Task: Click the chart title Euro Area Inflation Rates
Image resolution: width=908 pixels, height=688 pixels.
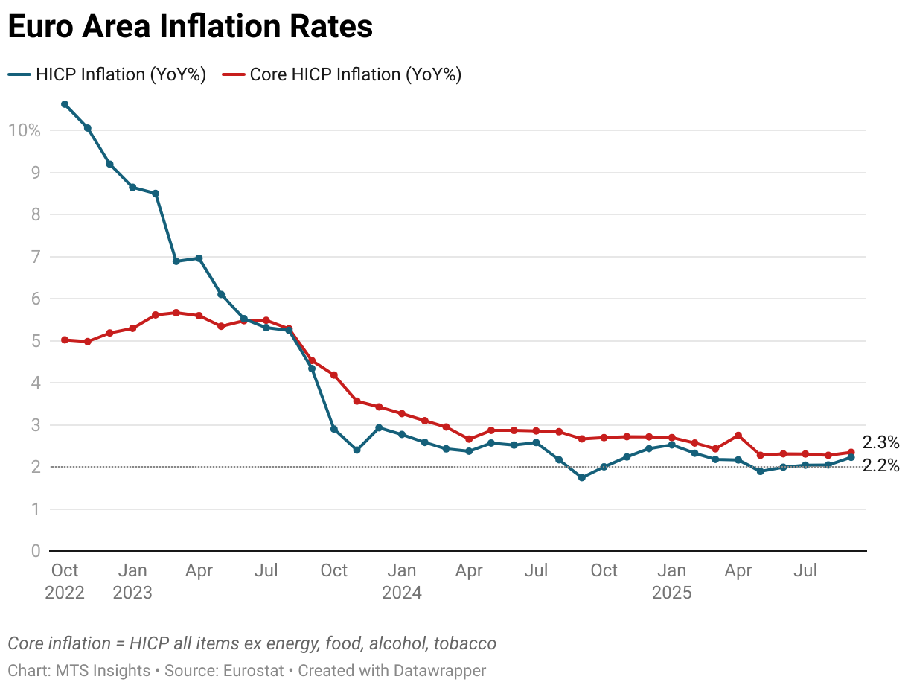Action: pos(190,28)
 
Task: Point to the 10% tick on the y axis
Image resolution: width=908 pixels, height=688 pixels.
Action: pos(24,130)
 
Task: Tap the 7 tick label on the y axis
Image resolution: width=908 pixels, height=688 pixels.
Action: pos(35,257)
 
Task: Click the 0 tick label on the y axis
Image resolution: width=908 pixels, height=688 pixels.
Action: pos(35,551)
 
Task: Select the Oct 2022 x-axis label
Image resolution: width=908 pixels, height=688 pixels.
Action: pos(65,582)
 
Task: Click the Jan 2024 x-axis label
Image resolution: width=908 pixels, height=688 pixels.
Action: pos(402,582)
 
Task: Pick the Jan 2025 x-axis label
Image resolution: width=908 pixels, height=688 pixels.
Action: pos(672,582)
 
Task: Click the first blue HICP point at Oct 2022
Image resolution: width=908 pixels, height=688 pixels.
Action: pos(65,104)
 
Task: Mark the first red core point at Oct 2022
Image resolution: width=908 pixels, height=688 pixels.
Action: pos(65,340)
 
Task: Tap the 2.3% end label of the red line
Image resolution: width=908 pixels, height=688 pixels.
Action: pos(880,443)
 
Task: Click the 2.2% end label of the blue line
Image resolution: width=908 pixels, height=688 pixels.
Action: pos(880,467)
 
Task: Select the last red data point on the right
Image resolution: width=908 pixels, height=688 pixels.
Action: pos(851,452)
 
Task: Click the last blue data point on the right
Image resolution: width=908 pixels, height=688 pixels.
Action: pos(851,457)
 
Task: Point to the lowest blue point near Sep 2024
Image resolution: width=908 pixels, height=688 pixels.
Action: pos(582,477)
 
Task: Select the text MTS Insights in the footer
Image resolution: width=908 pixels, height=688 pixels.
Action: pos(103,670)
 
